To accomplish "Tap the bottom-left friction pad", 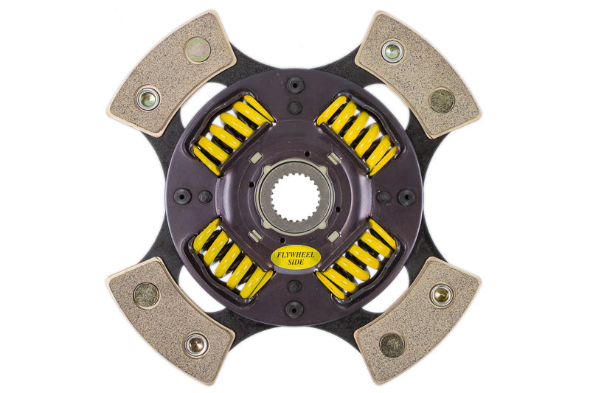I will [x=170, y=317].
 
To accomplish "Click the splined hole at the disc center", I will [x=295, y=196].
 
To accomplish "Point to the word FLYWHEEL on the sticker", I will [x=295, y=254].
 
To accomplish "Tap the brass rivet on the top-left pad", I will [x=147, y=98].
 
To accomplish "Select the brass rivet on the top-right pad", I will [x=392, y=51].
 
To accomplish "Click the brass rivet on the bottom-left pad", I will [x=196, y=344].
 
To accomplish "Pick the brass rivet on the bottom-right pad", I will [x=442, y=295].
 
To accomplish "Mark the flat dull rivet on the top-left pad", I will [x=198, y=49].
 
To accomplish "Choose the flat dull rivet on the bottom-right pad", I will [x=392, y=344].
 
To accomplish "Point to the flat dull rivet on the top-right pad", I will [x=442, y=100].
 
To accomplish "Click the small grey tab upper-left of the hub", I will [x=255, y=158].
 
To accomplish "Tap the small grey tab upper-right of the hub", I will [x=333, y=158].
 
